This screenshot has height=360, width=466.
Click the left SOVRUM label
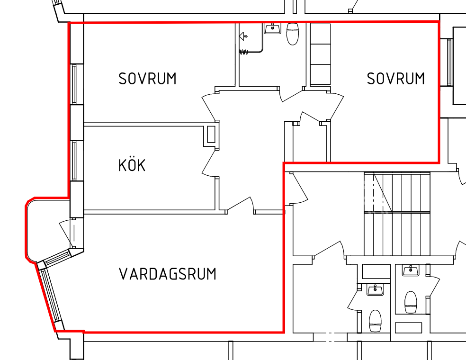point(147,79)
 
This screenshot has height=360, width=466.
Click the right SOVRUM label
point(395,79)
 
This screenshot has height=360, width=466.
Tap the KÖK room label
point(132,165)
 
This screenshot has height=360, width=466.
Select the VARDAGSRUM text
point(168,274)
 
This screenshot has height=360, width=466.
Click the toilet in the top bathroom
point(293,34)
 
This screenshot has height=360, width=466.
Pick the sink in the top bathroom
point(272,28)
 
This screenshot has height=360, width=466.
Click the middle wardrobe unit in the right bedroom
point(320,54)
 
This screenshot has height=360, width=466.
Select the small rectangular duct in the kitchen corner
point(211,135)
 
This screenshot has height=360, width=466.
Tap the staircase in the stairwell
point(397,214)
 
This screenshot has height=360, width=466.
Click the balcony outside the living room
point(47,229)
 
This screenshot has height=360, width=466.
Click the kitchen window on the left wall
point(73,161)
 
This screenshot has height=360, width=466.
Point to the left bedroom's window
point(74,84)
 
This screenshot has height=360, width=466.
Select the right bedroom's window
point(449,62)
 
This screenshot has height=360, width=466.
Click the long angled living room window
point(51,294)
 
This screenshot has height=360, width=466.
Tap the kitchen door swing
point(209,163)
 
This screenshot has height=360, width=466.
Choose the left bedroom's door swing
point(209,107)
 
